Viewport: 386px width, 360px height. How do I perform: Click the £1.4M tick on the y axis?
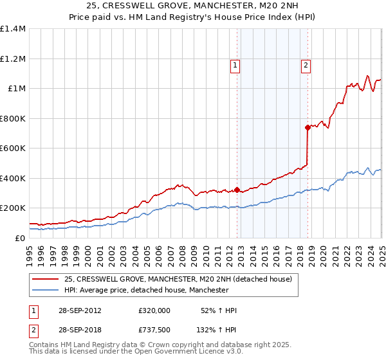(x=13, y=29)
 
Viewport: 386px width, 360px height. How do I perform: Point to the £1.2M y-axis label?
(x=13, y=59)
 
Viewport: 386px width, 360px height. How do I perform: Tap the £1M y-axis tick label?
(x=16, y=89)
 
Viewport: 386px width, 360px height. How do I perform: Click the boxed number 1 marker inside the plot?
(x=235, y=64)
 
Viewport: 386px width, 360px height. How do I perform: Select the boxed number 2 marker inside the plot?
(x=306, y=64)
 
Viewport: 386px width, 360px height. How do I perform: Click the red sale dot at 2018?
(x=308, y=127)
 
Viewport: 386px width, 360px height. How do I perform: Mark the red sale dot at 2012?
(x=237, y=190)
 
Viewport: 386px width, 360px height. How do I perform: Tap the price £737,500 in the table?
(x=154, y=329)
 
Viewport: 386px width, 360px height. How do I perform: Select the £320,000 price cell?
(x=154, y=310)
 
